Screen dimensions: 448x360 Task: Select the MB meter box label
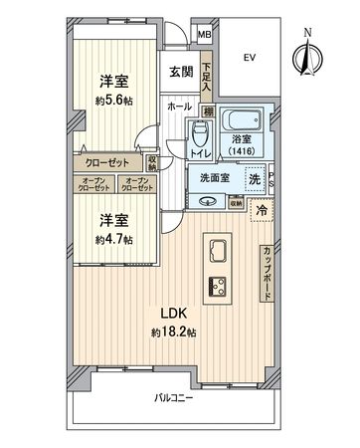tap(204, 36)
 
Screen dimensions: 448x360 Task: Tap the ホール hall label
tap(180, 105)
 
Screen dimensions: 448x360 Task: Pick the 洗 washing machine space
tap(255, 179)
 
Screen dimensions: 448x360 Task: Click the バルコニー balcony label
tap(173, 398)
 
